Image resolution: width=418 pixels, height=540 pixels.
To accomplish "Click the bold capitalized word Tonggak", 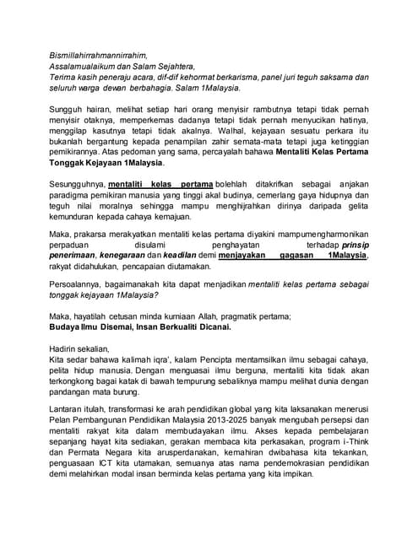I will pos(69,164).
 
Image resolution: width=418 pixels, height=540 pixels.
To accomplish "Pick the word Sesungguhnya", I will pos(78,185).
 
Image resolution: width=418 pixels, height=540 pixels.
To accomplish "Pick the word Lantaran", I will pos(68,414).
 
